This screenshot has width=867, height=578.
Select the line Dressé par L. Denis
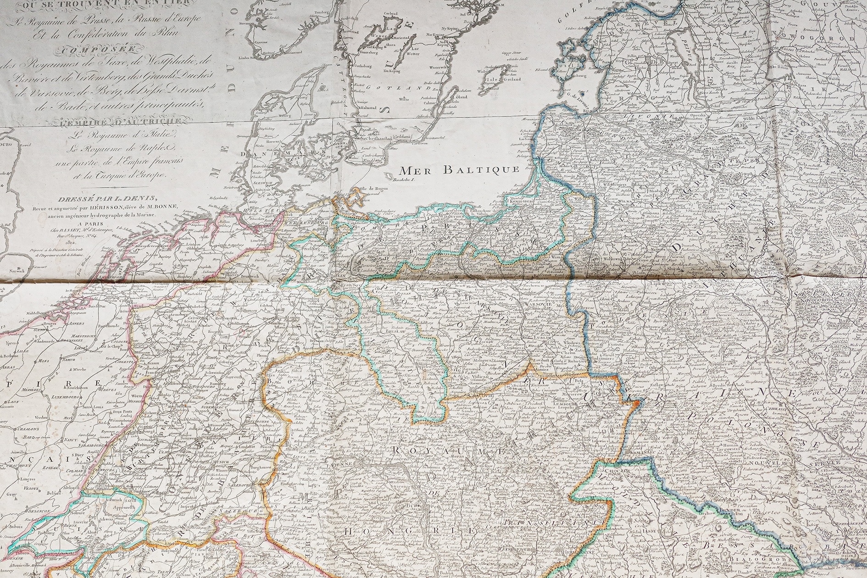pyautogui.click(x=105, y=198)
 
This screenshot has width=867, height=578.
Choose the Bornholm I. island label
pyautogui.click(x=403, y=180)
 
